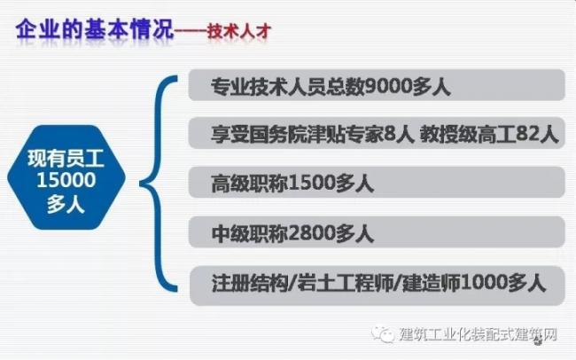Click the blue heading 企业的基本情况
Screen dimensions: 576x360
(95, 29)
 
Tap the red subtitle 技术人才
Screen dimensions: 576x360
(239, 31)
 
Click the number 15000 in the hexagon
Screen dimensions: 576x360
(66, 180)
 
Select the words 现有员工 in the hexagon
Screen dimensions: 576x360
(66, 159)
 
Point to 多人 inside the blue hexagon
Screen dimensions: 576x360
(66, 203)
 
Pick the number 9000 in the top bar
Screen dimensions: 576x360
(388, 86)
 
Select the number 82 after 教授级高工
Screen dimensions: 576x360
(527, 134)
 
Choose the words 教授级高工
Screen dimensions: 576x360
(468, 134)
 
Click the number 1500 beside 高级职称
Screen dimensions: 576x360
(312, 184)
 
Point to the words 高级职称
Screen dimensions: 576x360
(250, 184)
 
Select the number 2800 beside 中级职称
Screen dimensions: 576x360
(312, 233)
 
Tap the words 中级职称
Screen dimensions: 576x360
(250, 233)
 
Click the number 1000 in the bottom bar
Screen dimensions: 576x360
(484, 282)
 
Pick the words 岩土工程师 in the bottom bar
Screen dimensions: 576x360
(345, 283)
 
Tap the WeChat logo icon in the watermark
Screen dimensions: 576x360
(383, 334)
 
